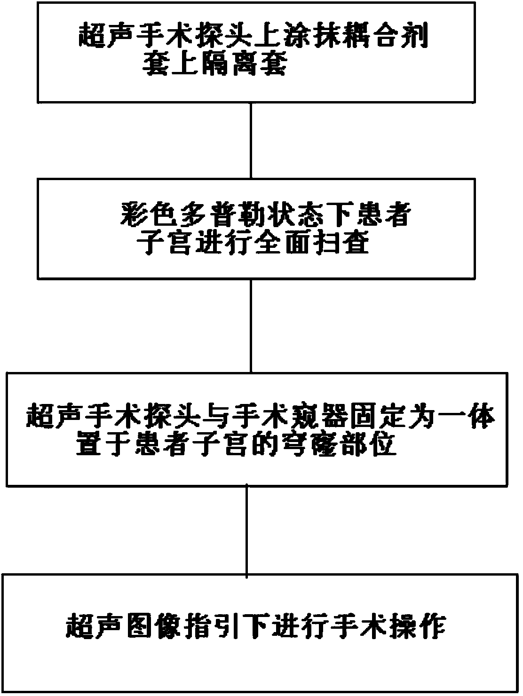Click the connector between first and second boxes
(251, 140)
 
